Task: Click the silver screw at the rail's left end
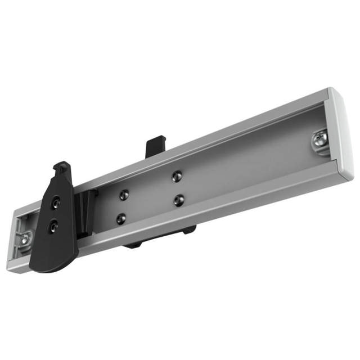point(26,240)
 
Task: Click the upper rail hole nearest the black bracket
point(123,195)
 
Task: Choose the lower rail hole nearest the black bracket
point(121,217)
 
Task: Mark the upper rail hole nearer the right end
point(177,175)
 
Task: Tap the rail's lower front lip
point(225,203)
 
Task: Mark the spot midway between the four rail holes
point(150,196)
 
